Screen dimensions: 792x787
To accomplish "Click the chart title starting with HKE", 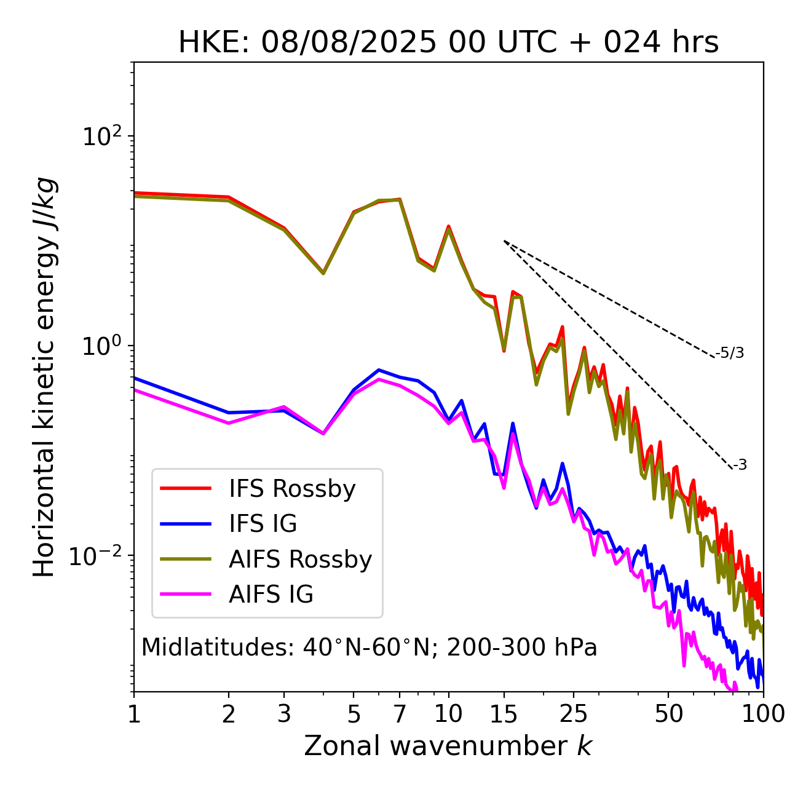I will click(448, 43).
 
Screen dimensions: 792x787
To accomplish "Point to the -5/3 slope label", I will click(730, 353).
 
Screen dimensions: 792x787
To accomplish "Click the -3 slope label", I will click(740, 465).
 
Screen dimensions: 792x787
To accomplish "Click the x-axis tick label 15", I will click(504, 714).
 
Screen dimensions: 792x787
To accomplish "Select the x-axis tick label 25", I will click(574, 714).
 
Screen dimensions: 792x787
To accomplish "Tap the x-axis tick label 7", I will click(400, 714).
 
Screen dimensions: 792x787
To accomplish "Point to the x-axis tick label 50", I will click(668, 714).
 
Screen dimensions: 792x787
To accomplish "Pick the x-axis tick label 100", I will click(763, 714).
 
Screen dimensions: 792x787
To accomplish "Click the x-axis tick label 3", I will click(284, 714).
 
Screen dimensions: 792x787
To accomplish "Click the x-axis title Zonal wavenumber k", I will click(448, 746).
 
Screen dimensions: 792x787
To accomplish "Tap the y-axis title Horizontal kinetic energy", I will click(45, 377).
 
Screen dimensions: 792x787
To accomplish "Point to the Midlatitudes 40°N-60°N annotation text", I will click(369, 647).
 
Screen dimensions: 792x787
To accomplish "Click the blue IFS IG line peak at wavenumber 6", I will click(379, 370).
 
